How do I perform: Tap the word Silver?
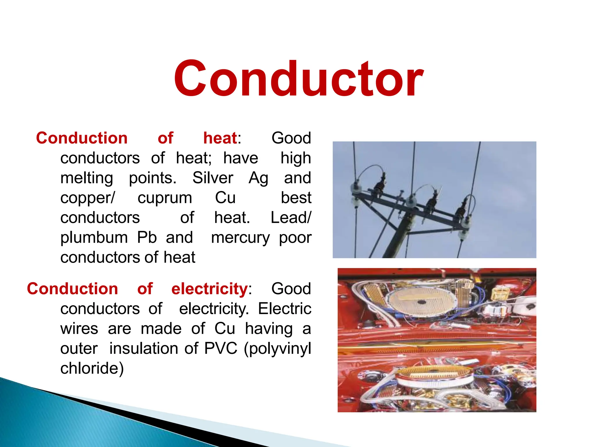[212, 178]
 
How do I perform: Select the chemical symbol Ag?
[258, 178]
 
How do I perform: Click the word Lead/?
[291, 218]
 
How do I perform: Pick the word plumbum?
[94, 238]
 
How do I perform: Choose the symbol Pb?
[147, 237]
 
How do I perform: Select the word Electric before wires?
[284, 309]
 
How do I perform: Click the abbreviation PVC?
[221, 349]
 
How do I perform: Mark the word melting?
[87, 178]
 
